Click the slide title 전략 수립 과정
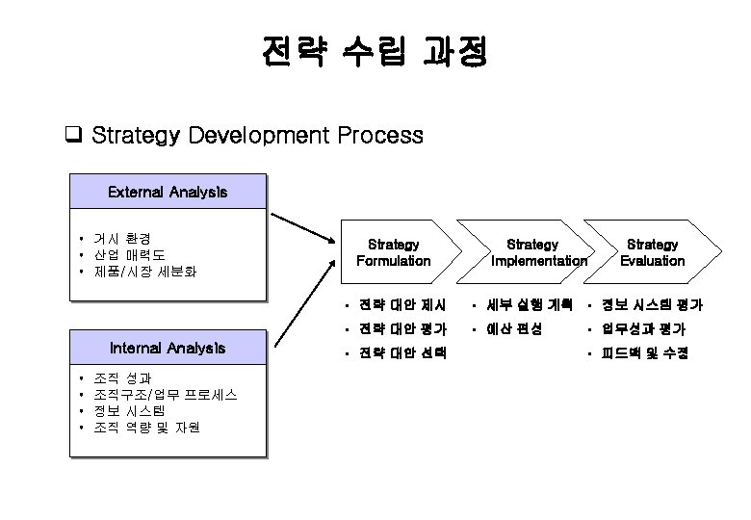pos(374,53)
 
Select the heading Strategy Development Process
pos(257,135)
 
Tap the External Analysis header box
pos(168,192)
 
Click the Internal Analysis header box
pos(168,347)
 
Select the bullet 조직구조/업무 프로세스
pos(168,395)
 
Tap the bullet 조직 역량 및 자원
pos(148,428)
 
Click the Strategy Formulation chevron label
pos(394,252)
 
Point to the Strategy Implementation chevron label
pos(537,252)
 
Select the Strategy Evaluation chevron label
pos(652,252)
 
